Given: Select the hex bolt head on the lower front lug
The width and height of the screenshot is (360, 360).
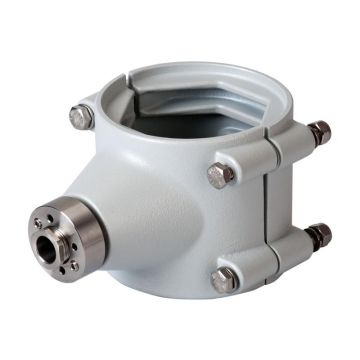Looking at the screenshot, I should coord(223,280).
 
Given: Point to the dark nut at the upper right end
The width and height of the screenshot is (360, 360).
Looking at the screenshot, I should coord(320,133).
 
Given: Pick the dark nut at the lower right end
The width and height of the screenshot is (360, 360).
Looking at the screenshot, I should coord(319,236).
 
